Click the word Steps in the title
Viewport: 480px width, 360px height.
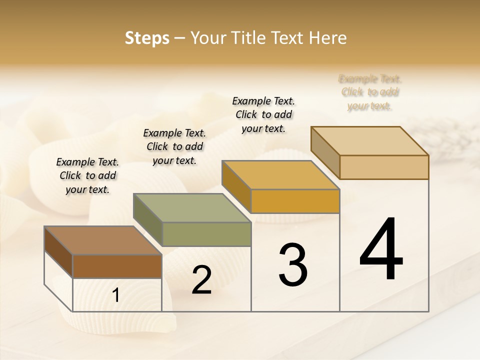(x=147, y=38)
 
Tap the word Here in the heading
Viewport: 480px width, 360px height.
(x=328, y=38)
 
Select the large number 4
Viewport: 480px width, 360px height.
(x=381, y=250)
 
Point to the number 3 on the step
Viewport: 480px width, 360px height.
(x=293, y=264)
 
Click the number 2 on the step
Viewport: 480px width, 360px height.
(x=201, y=280)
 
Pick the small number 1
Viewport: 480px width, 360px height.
(x=116, y=295)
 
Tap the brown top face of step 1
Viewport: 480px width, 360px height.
(x=102, y=240)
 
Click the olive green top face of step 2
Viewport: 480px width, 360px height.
(x=192, y=208)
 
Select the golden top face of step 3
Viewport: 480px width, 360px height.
(x=280, y=175)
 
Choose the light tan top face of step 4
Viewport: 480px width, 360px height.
(x=369, y=141)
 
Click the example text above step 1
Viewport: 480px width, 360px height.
(x=87, y=175)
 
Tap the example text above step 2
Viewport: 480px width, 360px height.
(x=174, y=146)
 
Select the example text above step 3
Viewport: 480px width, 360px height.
(x=263, y=114)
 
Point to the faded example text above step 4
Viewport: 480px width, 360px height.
(x=370, y=92)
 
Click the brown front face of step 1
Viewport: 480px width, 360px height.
(x=117, y=266)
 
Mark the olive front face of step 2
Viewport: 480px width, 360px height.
(x=206, y=234)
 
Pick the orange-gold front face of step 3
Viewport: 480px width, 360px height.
(x=295, y=201)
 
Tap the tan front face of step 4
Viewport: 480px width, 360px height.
(x=384, y=167)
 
